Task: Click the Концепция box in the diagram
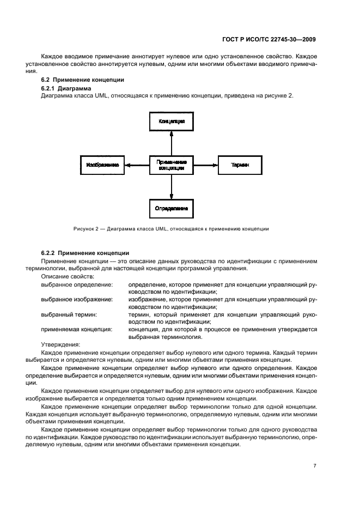coord(172,121)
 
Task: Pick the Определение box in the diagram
coord(172,208)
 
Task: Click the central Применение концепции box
coord(172,165)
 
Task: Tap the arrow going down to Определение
coord(172,186)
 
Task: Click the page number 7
coord(315,465)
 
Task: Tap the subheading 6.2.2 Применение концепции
coord(85,253)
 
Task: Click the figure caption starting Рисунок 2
coord(171,228)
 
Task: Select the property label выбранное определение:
coord(77,284)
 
